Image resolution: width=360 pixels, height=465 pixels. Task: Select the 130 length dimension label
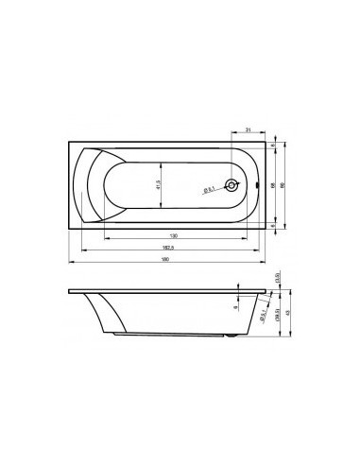[x=173, y=235]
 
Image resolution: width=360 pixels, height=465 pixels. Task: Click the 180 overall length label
[x=166, y=262]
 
